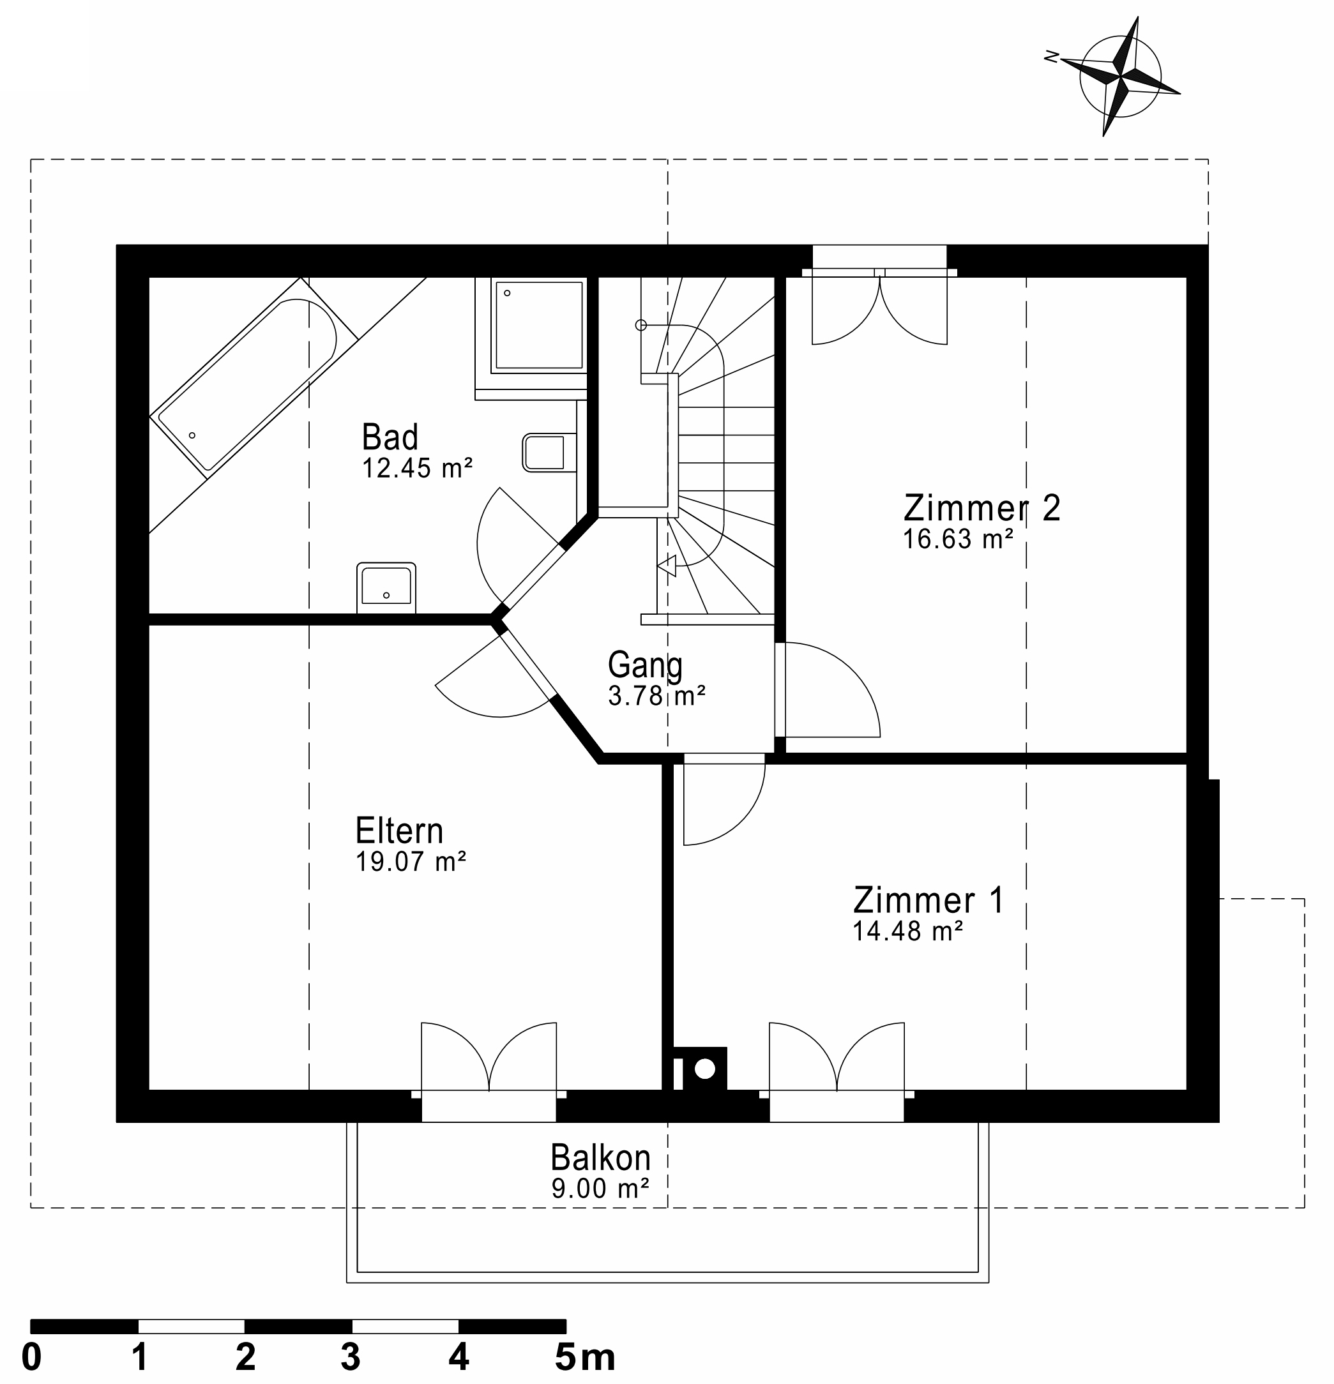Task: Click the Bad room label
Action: point(390,437)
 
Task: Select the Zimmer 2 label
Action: point(982,508)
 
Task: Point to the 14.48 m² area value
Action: point(907,931)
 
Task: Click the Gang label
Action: point(645,665)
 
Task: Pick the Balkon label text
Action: point(600,1158)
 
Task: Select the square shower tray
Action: point(539,325)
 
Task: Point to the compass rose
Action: point(1120,76)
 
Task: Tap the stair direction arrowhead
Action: point(667,565)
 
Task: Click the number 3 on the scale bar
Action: point(351,1357)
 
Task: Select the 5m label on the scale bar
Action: point(585,1357)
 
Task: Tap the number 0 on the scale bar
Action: point(32,1357)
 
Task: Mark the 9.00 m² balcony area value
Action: point(600,1189)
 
